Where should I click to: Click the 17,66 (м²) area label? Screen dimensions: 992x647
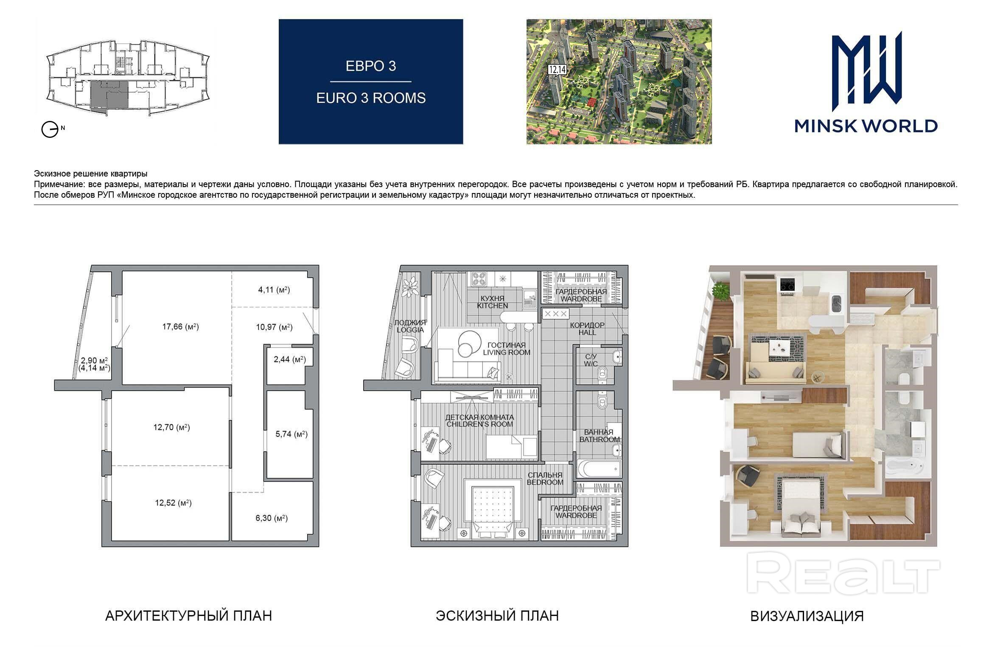(180, 327)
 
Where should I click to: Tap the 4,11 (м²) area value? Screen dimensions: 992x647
(274, 290)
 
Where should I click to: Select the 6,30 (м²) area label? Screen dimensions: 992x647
(272, 518)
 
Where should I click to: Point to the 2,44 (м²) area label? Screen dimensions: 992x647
(290, 359)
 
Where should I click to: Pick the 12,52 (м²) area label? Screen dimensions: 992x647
(173, 503)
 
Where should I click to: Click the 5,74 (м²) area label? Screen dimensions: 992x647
(291, 434)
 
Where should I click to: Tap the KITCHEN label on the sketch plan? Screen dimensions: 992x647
(492, 305)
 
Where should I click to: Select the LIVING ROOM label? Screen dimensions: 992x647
(507, 352)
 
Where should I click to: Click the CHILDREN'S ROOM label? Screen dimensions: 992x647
(479, 424)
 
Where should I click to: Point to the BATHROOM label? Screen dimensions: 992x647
(600, 440)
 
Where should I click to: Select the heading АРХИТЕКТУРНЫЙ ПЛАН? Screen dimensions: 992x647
(188, 616)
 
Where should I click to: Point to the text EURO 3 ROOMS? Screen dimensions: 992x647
(371, 98)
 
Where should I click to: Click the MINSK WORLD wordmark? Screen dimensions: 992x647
(866, 126)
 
